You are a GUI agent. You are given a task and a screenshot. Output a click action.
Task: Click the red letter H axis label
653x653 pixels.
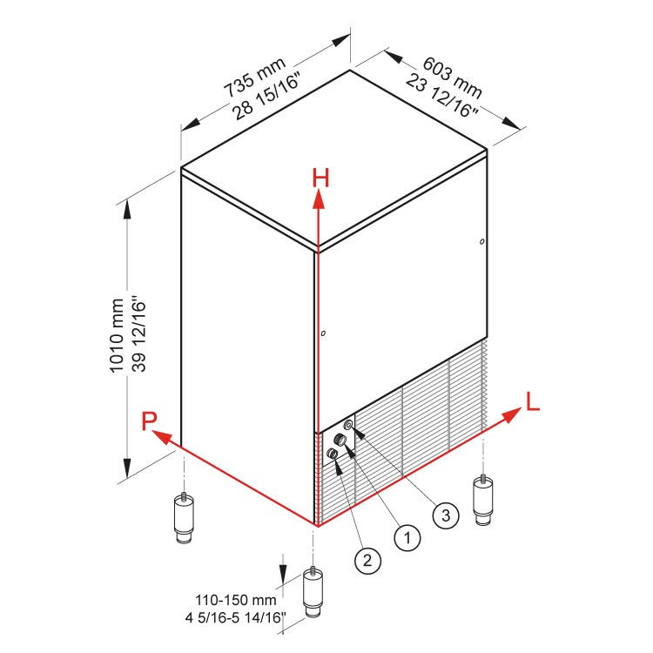point(320,178)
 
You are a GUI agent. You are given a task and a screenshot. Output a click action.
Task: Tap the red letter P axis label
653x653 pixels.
point(151,422)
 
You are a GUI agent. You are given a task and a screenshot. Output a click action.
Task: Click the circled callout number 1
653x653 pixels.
point(406,538)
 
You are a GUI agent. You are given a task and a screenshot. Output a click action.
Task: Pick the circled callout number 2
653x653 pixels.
point(367,561)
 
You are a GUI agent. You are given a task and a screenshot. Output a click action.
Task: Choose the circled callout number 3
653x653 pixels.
point(445,515)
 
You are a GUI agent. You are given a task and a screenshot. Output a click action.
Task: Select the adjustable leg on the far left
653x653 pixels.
point(184,519)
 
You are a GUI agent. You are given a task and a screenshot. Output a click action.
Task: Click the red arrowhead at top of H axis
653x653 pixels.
point(320,199)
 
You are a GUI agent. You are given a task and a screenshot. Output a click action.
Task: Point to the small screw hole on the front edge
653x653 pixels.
point(322,333)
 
